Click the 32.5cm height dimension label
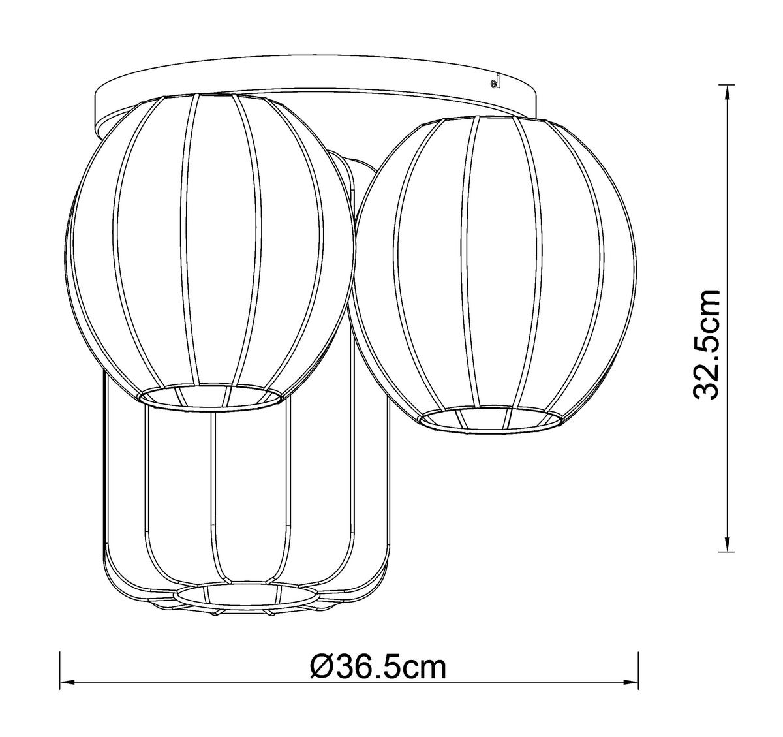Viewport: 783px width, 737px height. point(707,343)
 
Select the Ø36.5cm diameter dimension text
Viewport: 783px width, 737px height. point(379,668)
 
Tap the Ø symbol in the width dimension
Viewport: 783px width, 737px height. point(324,668)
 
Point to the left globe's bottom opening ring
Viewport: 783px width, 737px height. point(211,396)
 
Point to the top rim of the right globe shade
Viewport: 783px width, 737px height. point(493,120)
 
